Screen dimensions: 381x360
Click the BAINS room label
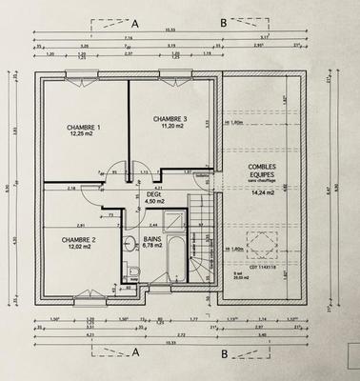(152, 239)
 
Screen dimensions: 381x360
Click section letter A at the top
(135, 21)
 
